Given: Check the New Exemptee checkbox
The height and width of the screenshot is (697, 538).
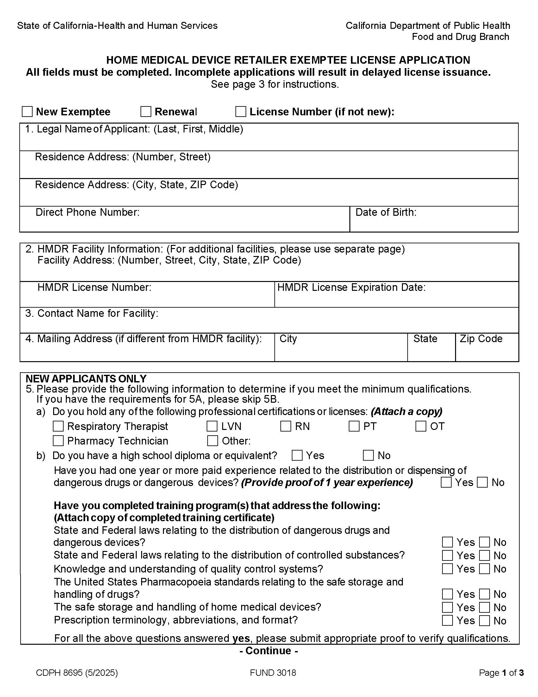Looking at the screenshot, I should pyautogui.click(x=27, y=112).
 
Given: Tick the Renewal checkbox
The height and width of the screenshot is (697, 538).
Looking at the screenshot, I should pyautogui.click(x=146, y=112).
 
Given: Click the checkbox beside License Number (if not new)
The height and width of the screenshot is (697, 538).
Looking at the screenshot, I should pyautogui.click(x=241, y=112).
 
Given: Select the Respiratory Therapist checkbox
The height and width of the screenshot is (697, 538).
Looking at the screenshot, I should pyautogui.click(x=58, y=426).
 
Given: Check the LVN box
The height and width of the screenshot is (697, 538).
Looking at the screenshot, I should pyautogui.click(x=212, y=426).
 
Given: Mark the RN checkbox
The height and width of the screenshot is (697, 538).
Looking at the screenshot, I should pyautogui.click(x=285, y=426).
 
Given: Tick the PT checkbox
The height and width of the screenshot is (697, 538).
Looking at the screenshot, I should pyautogui.click(x=354, y=426).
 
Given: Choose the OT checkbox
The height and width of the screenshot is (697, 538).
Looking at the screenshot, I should pyautogui.click(x=421, y=426).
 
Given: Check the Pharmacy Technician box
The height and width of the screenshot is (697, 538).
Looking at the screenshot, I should pyautogui.click(x=58, y=441).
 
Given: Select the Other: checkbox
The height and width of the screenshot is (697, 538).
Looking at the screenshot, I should pyautogui.click(x=212, y=441).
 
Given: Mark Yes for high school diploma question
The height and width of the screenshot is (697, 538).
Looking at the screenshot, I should pyautogui.click(x=297, y=455).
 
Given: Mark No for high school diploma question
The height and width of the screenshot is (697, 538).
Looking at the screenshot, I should pyautogui.click(x=368, y=455).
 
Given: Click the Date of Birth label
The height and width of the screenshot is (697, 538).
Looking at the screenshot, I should pyautogui.click(x=386, y=212).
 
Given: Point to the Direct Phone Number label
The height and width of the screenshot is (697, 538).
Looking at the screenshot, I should pyautogui.click(x=87, y=212).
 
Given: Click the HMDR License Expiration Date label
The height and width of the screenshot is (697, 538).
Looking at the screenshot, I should pyautogui.click(x=351, y=287).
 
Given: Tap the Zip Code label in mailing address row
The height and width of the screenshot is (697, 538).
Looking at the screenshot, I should pyautogui.click(x=481, y=338).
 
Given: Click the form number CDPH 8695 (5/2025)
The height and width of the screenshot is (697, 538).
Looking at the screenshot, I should pyautogui.click(x=77, y=673).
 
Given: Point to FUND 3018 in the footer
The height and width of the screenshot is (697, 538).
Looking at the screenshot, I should pyautogui.click(x=273, y=673).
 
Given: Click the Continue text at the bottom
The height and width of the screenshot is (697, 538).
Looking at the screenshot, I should pyautogui.click(x=269, y=651).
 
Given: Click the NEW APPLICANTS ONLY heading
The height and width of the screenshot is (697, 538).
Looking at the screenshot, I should pyautogui.click(x=86, y=379).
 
